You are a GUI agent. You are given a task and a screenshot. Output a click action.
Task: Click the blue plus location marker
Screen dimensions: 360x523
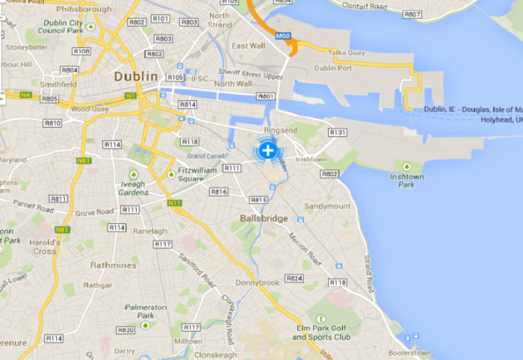pyautogui.click(x=267, y=151)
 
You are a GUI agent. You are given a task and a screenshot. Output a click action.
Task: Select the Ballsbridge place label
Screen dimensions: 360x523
pyautogui.click(x=263, y=218)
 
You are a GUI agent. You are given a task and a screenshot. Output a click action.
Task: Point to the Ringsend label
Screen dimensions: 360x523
pyautogui.click(x=280, y=130)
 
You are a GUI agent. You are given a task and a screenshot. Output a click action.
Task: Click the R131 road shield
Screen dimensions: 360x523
pyautogui.click(x=337, y=132)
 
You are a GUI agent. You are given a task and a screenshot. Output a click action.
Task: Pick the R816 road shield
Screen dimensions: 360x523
pyautogui.click(x=218, y=192)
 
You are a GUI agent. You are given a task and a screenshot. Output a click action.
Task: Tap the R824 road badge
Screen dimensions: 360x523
pyautogui.click(x=293, y=279)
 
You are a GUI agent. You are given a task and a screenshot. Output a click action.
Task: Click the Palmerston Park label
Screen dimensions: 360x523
pyautogui.click(x=145, y=312)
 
